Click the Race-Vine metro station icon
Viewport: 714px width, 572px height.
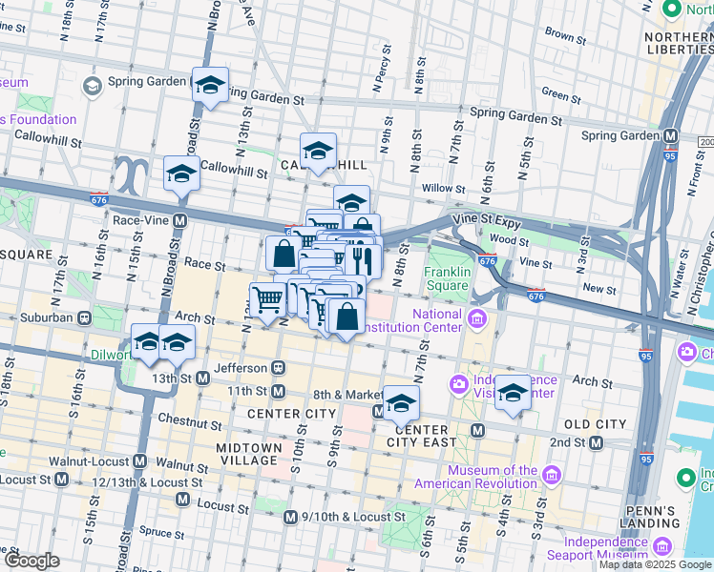179,219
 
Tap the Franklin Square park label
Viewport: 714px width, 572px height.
446,278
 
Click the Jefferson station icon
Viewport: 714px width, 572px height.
278,367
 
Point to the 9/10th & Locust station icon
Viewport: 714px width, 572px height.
291,517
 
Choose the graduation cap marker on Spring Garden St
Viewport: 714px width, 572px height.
210,85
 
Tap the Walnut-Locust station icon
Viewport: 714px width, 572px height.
140,461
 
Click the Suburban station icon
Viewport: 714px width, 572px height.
85,316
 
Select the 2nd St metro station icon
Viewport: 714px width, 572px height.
597,442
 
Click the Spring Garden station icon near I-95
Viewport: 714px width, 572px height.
671,135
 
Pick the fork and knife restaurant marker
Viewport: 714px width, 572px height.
363,259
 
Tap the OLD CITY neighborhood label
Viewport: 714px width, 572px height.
595,423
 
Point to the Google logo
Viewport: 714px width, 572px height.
31,561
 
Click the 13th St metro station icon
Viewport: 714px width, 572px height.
202,378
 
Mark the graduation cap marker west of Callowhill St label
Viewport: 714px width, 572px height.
181,174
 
